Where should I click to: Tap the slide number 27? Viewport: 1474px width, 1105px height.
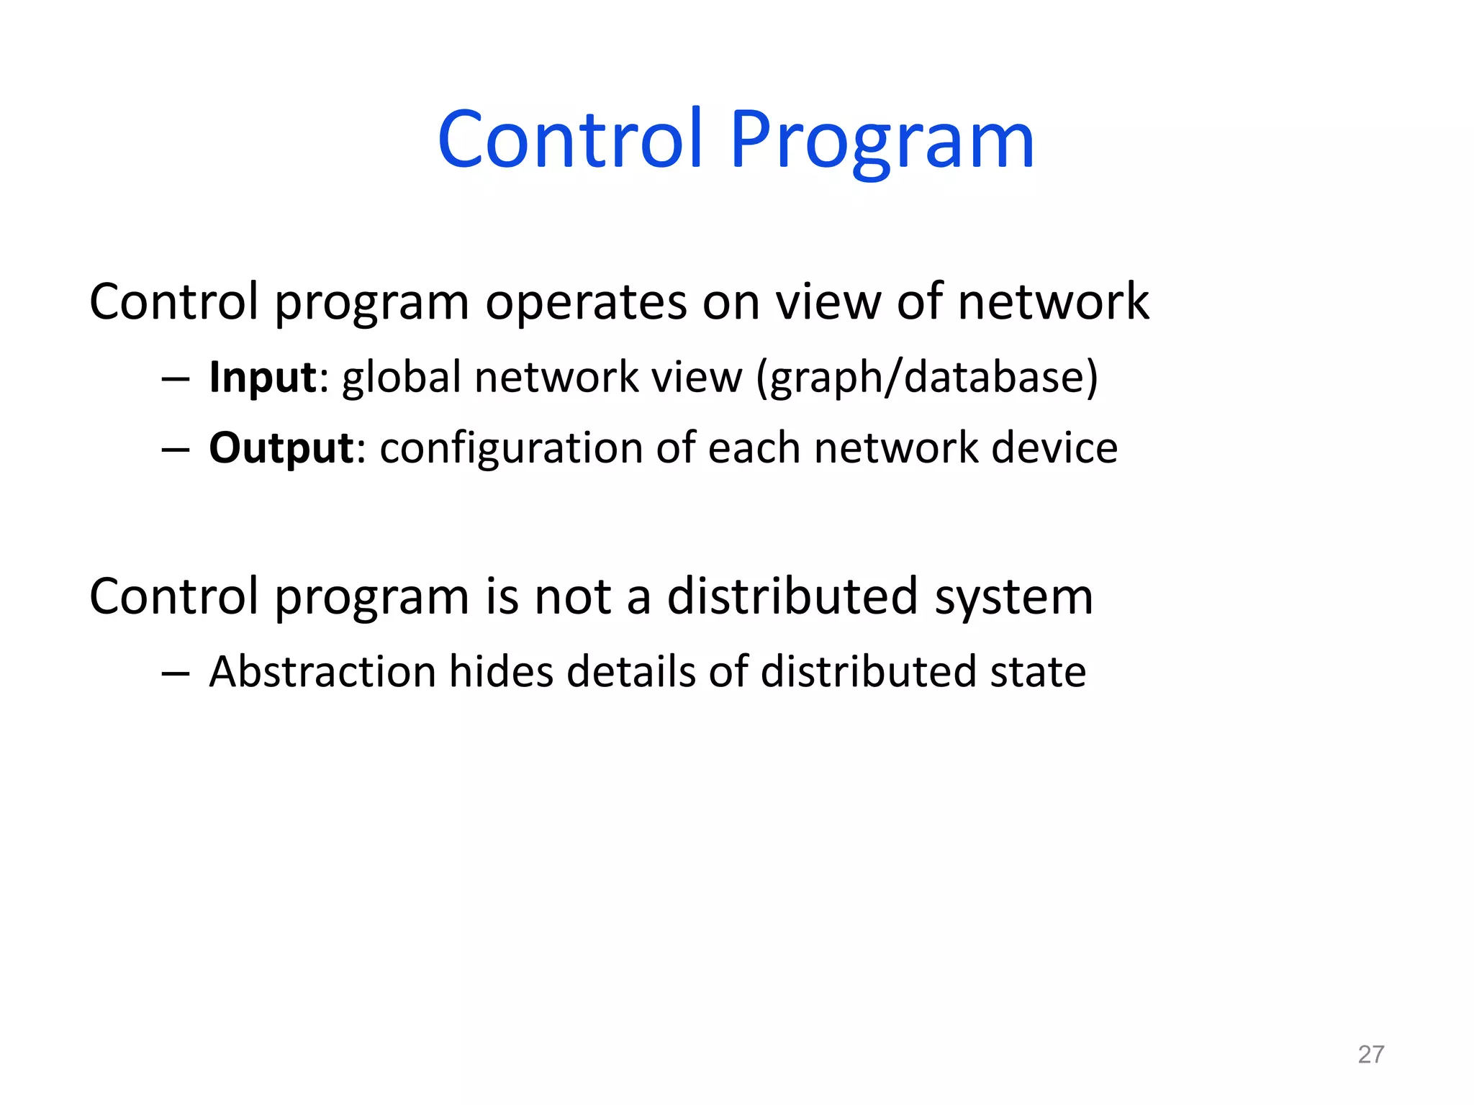coord(1370,1054)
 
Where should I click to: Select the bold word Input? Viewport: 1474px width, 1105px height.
coord(262,377)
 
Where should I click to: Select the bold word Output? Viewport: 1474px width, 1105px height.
coord(281,447)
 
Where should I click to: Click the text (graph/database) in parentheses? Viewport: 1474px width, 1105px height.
coord(927,377)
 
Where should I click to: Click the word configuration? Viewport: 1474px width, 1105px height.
coord(510,447)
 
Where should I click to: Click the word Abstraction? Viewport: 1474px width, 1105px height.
coord(322,671)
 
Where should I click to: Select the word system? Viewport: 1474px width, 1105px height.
coord(1013,596)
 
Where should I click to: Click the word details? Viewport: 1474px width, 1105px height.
coord(630,671)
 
